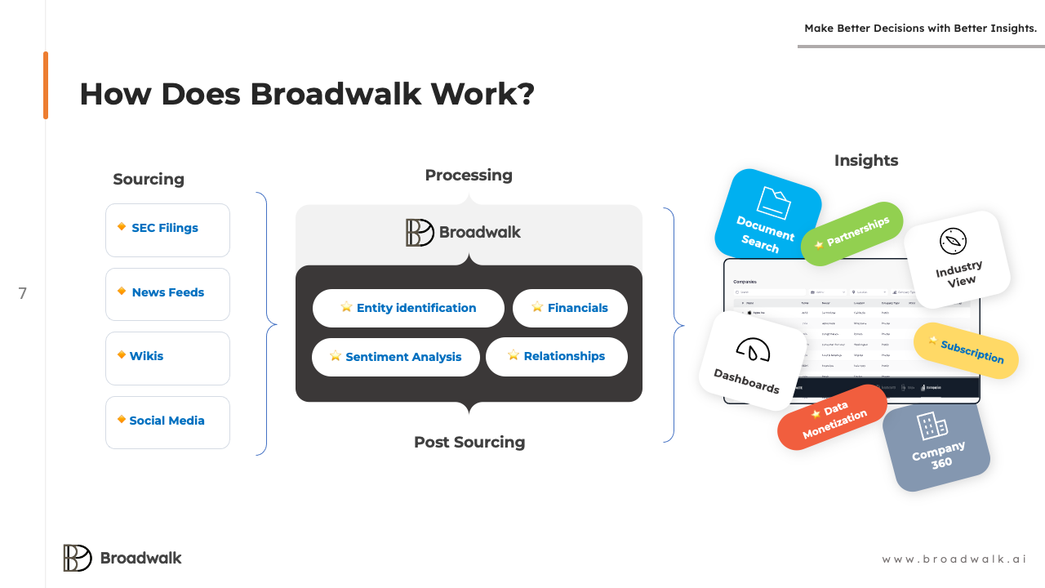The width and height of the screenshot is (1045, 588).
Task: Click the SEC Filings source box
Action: click(x=167, y=229)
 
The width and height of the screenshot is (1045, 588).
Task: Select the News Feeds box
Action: click(x=167, y=294)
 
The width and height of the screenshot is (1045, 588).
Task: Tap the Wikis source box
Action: click(x=167, y=358)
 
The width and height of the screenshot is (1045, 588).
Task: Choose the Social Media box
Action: click(x=167, y=422)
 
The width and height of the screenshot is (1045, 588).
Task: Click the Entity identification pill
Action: click(x=408, y=308)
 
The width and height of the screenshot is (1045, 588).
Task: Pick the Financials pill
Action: click(x=570, y=308)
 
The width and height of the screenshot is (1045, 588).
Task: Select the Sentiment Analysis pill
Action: click(x=396, y=357)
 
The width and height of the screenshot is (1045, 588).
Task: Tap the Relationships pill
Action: click(x=557, y=356)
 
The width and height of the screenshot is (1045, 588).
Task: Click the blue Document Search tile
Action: click(x=767, y=217)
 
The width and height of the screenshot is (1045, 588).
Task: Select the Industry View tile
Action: click(x=957, y=259)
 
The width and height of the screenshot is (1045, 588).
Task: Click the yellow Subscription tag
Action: click(x=966, y=350)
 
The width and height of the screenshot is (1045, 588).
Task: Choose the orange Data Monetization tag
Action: click(x=832, y=417)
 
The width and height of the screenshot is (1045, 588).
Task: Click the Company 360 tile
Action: click(x=936, y=446)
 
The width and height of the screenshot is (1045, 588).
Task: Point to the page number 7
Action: click(x=23, y=294)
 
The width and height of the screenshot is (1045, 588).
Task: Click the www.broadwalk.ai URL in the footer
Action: click(x=954, y=559)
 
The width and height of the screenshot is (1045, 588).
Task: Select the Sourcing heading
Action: click(x=149, y=180)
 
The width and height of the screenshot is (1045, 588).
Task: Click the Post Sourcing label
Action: click(x=469, y=443)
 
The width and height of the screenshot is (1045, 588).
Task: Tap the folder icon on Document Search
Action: click(x=773, y=203)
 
